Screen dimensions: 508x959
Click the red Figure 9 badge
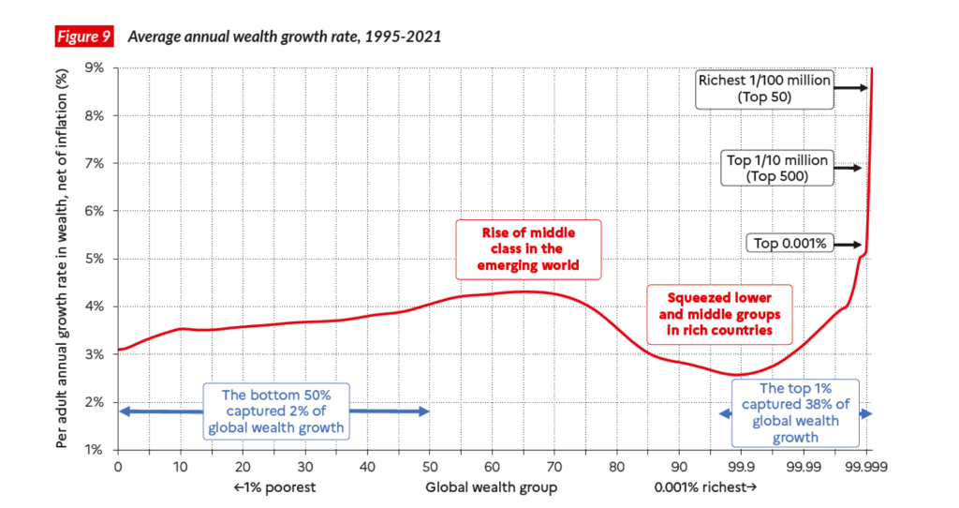83,37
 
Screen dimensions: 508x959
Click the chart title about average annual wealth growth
284,37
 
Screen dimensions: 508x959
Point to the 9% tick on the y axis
95,67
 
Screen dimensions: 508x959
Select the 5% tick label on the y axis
95,259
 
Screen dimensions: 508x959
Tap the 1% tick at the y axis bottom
95,450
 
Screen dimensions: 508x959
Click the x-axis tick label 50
429,465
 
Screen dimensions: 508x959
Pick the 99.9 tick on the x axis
741,465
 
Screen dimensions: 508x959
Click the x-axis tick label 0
118,465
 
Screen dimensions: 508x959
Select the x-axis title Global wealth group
491,487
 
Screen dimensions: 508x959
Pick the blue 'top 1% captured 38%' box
796,412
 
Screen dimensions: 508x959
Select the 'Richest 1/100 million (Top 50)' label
763,88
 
